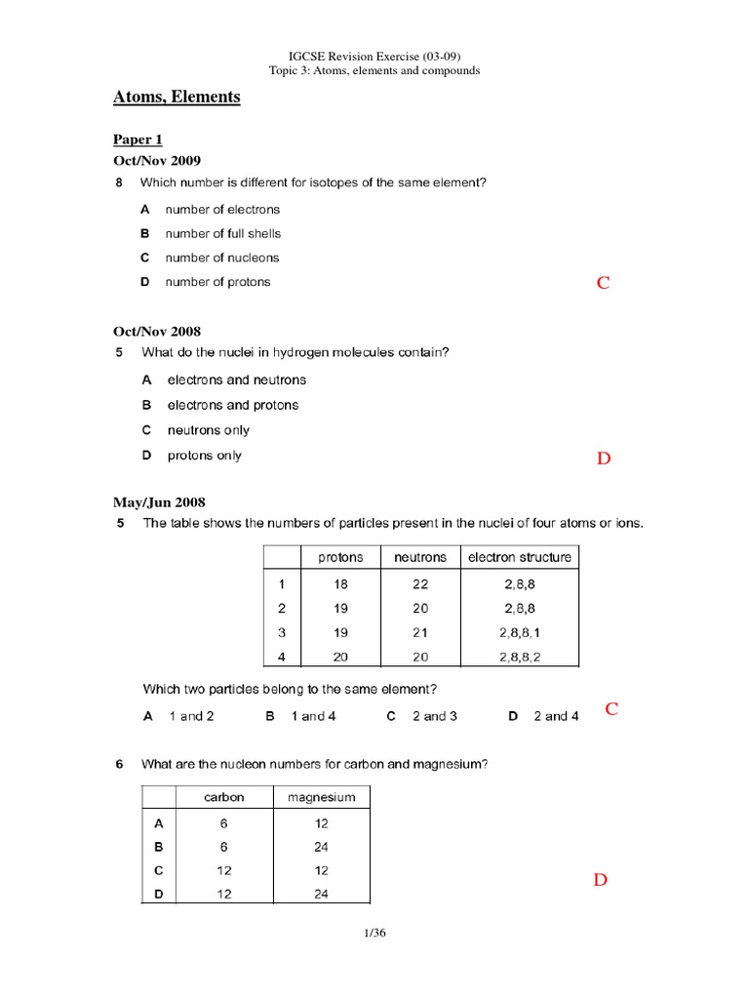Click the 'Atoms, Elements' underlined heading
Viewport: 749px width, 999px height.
tap(177, 98)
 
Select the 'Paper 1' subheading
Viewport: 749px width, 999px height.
tap(138, 140)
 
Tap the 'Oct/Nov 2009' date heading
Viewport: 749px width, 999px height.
tap(157, 160)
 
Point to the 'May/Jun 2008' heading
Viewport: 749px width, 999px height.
tap(160, 502)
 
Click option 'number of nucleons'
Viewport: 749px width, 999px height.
tap(222, 258)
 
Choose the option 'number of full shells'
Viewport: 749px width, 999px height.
tap(223, 233)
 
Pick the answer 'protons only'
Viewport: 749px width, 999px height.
tap(205, 456)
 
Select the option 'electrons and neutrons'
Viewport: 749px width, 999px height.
tap(237, 380)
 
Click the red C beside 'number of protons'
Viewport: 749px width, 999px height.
tap(603, 283)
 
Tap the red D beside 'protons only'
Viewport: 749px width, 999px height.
tap(604, 459)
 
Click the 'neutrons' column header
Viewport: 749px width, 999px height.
tap(420, 558)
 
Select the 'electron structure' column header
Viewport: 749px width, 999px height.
tap(520, 558)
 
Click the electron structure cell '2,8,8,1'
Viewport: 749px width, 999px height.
tap(520, 632)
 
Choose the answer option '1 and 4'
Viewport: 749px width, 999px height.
tap(313, 716)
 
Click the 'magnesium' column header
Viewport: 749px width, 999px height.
tap(322, 797)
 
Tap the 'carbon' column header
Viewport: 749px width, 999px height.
tap(224, 797)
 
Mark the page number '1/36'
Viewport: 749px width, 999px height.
tap(374, 934)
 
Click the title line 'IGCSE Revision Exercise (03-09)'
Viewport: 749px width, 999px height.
tap(374, 56)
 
